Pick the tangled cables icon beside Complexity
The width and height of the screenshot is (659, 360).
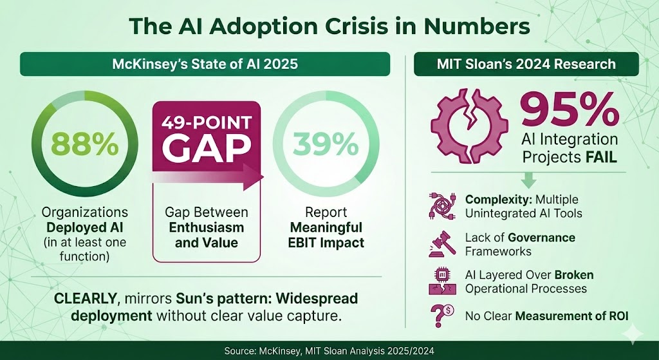[441, 205]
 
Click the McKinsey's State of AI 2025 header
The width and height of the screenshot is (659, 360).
[204, 64]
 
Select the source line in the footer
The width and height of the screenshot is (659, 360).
[329, 351]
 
